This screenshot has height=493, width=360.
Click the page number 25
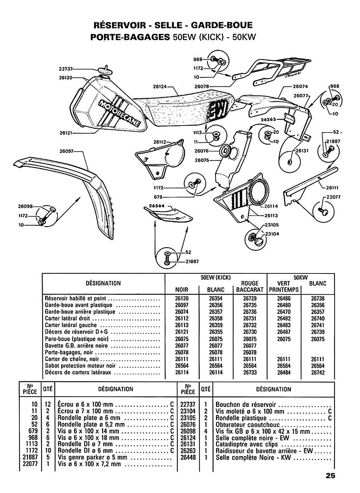(330, 476)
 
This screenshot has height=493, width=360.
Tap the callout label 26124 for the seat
(160, 87)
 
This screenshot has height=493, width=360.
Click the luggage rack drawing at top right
(273, 70)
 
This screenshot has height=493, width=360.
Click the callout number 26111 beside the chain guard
(332, 188)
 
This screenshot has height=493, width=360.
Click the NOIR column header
(182, 290)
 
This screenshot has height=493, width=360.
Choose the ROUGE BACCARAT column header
(250, 286)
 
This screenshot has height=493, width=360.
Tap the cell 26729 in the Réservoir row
(250, 298)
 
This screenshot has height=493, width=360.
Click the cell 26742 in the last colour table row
(318, 372)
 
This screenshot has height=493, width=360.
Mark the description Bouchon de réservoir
(246, 404)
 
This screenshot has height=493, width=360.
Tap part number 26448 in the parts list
(188, 457)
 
